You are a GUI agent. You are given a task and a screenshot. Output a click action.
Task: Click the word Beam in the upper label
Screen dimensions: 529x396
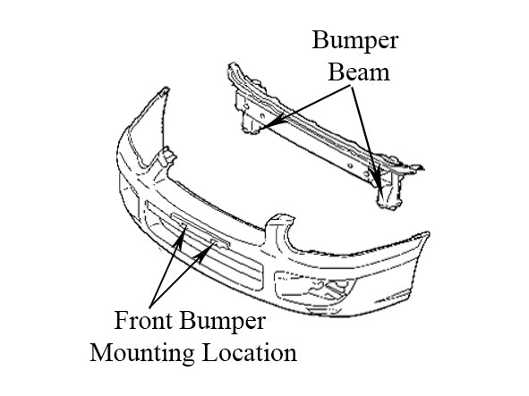coord(359,72)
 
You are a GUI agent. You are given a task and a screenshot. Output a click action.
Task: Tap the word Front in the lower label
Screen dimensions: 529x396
coord(143,321)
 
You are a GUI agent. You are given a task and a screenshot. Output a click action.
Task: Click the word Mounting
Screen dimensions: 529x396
coord(142,354)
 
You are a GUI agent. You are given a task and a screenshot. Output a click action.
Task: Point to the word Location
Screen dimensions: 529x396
coord(250,352)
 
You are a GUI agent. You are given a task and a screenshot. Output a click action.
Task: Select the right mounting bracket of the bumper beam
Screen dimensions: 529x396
coord(390,189)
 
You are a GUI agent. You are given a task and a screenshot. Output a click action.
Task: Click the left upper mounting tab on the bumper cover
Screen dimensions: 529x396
coord(167,156)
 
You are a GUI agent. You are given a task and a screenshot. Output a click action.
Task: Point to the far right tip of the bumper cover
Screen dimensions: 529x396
coord(429,232)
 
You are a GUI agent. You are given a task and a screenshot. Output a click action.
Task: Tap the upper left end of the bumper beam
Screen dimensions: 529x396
coord(232,64)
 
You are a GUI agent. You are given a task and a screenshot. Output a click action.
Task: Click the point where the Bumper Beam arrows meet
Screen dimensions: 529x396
coord(351,86)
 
